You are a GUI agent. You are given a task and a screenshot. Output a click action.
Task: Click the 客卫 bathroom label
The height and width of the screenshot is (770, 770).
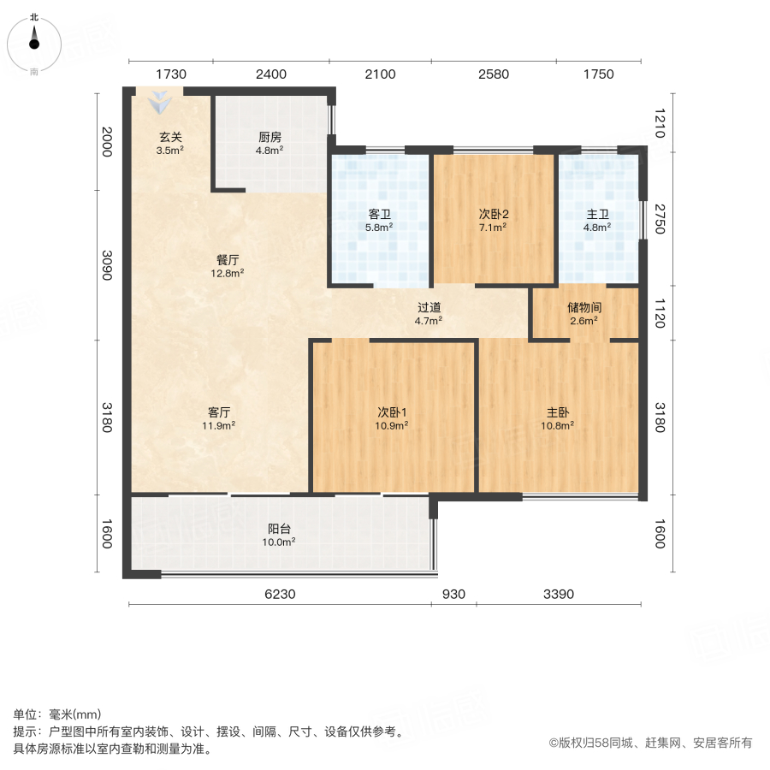click(379, 214)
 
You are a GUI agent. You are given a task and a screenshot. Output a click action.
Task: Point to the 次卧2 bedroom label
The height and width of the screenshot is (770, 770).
click(494, 214)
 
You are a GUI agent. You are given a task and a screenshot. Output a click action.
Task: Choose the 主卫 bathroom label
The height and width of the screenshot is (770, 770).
click(597, 214)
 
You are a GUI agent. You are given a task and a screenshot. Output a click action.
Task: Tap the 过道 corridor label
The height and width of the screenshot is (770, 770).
click(429, 307)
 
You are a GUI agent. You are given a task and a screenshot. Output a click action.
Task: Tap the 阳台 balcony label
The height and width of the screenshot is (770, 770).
click(279, 528)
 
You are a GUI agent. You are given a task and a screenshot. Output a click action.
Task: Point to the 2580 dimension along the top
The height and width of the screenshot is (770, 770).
click(494, 74)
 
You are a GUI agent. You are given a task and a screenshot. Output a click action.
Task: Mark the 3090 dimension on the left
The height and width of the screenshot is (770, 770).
click(107, 264)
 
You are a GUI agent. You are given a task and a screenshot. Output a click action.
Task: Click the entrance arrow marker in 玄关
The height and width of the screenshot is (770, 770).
click(160, 104)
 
